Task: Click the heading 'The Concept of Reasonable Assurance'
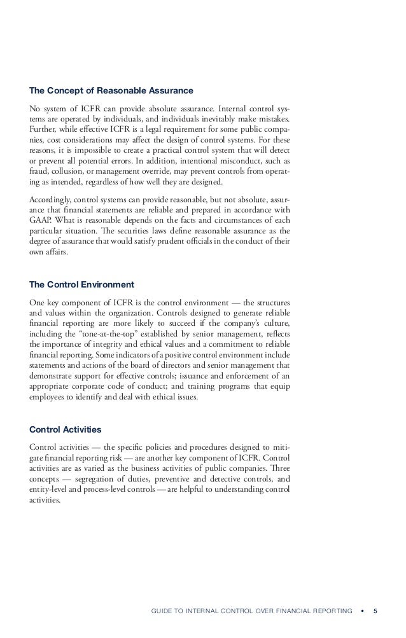coord(111,91)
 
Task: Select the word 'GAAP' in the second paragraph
coord(41,221)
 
